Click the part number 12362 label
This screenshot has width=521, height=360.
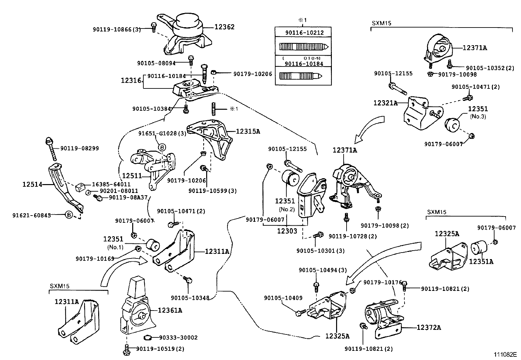coord(225,27)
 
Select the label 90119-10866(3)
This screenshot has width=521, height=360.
coord(117,29)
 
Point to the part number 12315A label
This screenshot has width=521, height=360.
coord(248,131)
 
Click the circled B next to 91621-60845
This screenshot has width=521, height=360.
coord(69,215)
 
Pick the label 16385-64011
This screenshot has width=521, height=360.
coord(111,184)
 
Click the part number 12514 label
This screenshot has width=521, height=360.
coord(32,184)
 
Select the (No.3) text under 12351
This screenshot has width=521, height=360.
coord(478,116)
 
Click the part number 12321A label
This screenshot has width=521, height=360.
coord(386,103)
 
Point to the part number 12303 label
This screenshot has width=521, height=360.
coord(287,231)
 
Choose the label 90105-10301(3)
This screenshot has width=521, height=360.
coord(320,251)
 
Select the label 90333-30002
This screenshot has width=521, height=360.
coord(178,338)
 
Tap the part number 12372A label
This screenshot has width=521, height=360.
coord(429,327)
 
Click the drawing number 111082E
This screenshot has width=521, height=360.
coord(505,354)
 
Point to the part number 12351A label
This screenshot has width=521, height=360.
coord(481,261)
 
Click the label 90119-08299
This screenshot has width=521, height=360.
coord(80,148)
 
